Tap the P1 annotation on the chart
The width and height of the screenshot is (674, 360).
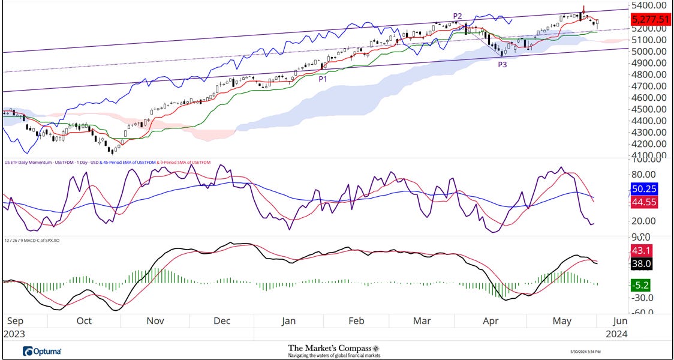pyautogui.click(x=323, y=78)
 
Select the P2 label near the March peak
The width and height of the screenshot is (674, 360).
pyautogui.click(x=458, y=16)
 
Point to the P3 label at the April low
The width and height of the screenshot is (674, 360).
pyautogui.click(x=503, y=63)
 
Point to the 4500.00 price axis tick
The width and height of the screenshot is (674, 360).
pyautogui.click(x=648, y=109)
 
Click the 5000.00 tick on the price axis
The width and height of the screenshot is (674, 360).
pyautogui.click(x=648, y=52)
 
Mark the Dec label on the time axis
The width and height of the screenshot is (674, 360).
pyautogui.click(x=222, y=321)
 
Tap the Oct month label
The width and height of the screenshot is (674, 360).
pyautogui.click(x=84, y=321)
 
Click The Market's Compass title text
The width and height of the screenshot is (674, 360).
pyautogui.click(x=333, y=348)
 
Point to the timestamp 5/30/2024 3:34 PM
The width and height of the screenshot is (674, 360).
pyautogui.click(x=585, y=352)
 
